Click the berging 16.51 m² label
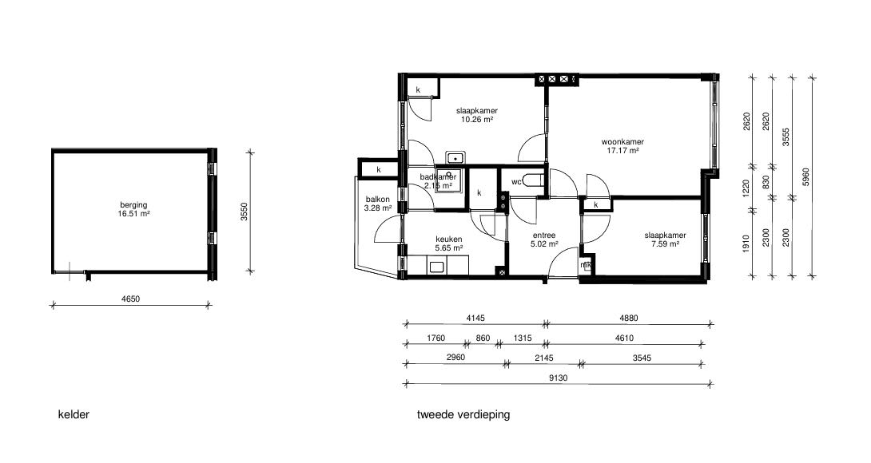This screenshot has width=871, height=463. [133, 208]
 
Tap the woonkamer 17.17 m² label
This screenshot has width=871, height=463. [622, 145]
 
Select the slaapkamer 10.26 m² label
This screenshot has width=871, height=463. [476, 114]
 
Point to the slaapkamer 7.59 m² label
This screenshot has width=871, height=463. [665, 239]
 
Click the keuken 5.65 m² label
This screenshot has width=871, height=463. [449, 243]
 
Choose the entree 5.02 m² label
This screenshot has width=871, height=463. [544, 239]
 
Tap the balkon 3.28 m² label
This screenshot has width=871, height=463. [378, 204]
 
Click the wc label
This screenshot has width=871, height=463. [516, 181]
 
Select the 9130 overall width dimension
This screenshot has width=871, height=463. [559, 378]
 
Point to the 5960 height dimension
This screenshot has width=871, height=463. [806, 176]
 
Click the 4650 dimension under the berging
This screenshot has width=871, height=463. [130, 299]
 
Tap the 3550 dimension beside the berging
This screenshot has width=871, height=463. [244, 212]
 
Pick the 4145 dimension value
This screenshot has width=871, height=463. [475, 318]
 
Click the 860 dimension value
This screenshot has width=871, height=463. [483, 338]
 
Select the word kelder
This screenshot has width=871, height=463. [74, 414]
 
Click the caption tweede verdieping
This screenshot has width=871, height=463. [463, 414]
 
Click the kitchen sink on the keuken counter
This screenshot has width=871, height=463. [436, 267]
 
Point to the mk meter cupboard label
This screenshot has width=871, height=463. [586, 265]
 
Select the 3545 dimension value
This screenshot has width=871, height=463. [642, 358]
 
